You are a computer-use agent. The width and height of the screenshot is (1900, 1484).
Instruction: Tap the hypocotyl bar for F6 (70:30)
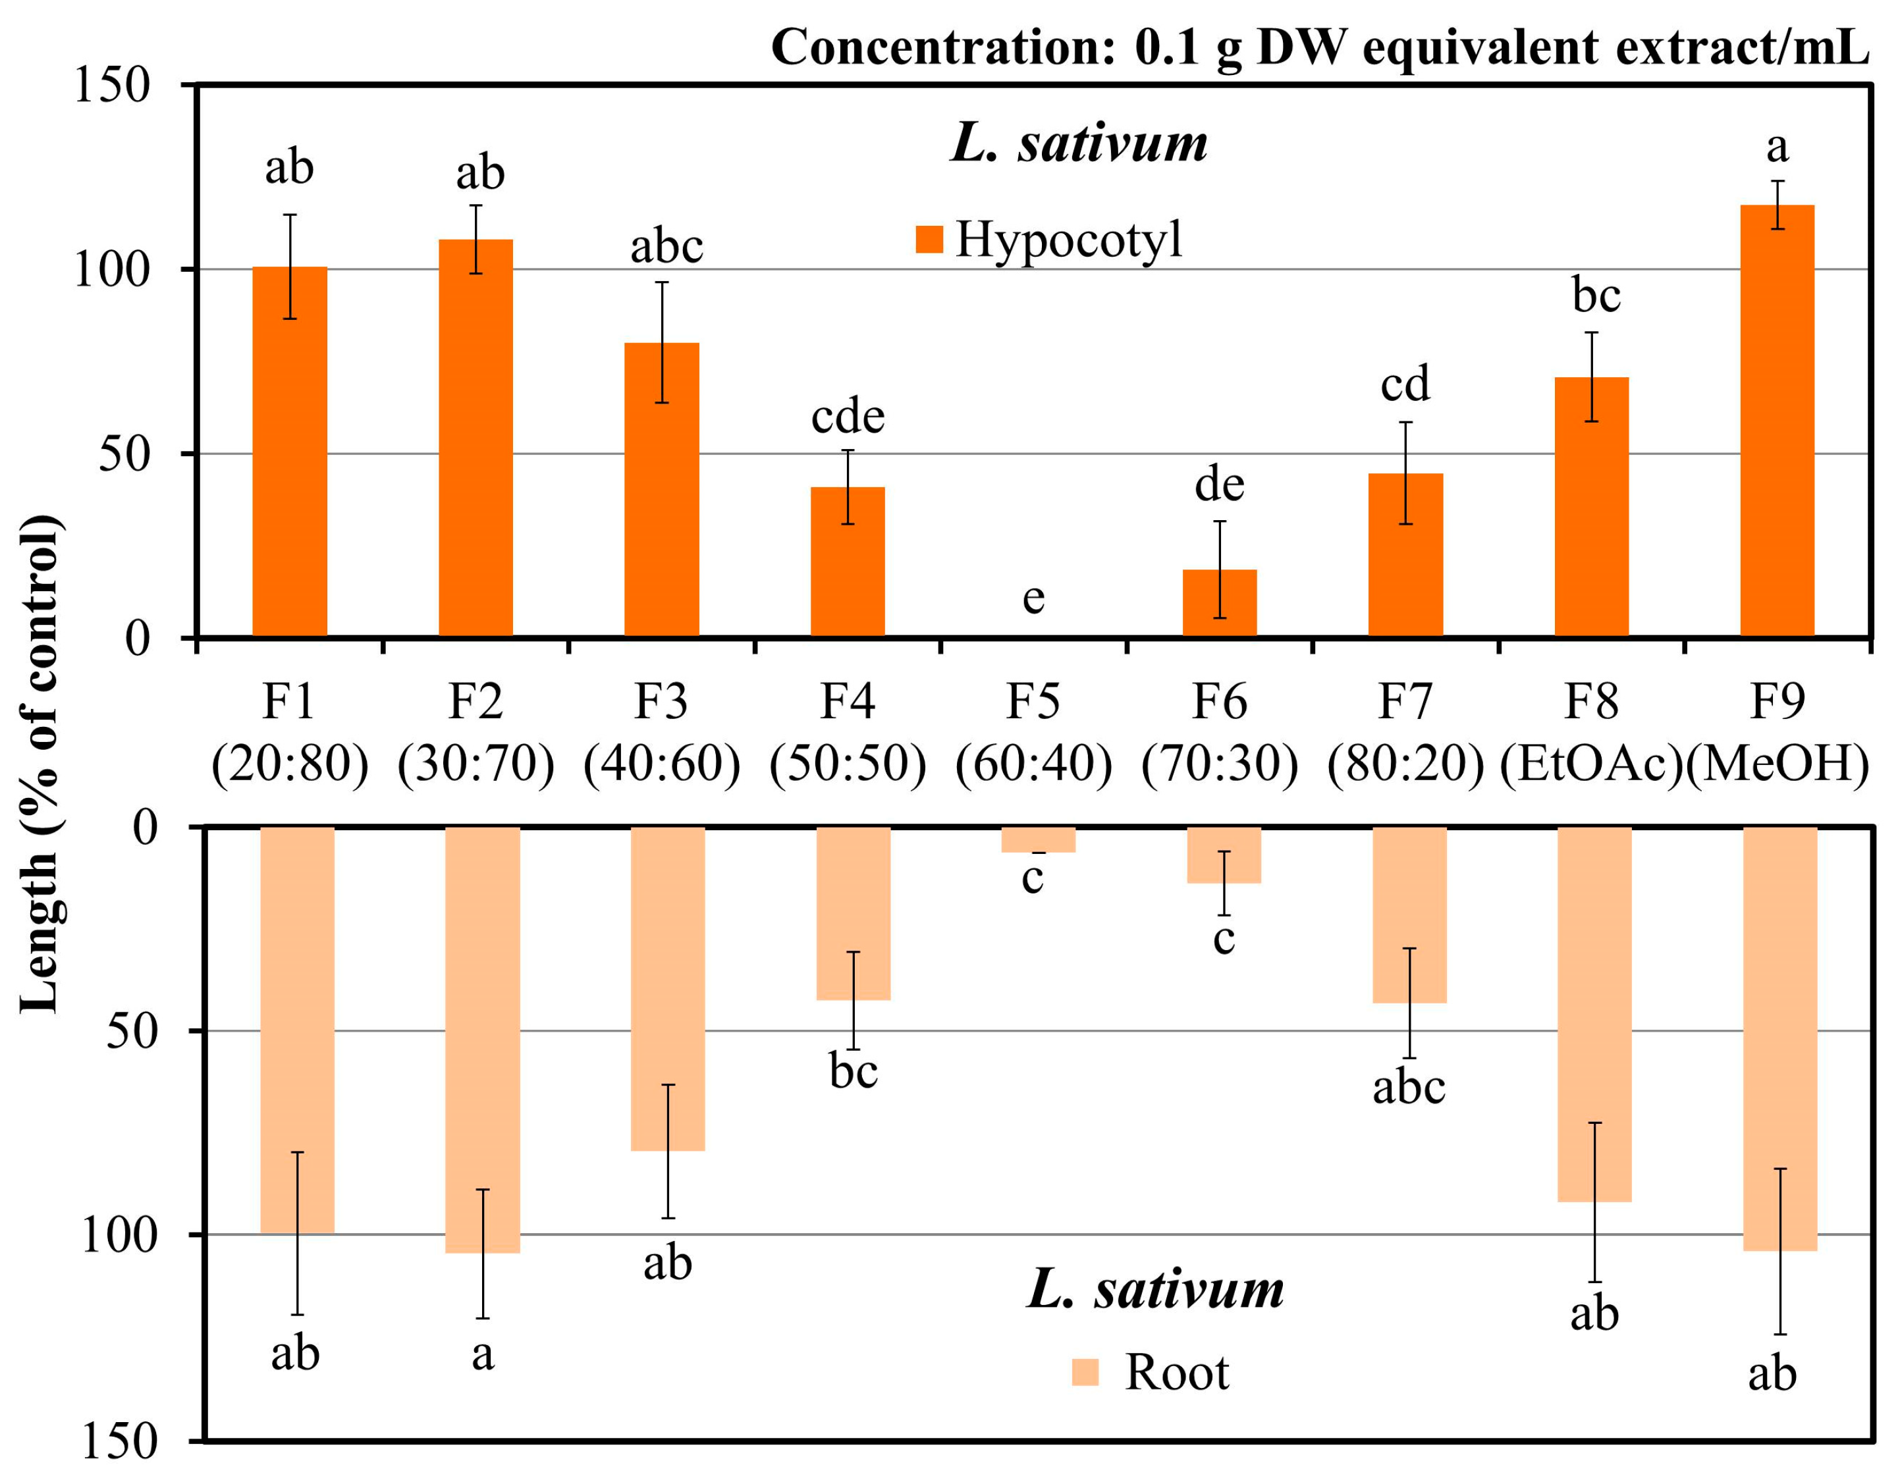1219,604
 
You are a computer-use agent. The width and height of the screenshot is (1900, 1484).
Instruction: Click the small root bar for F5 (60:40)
1038,839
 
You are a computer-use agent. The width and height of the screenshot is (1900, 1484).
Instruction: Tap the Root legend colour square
1085,1372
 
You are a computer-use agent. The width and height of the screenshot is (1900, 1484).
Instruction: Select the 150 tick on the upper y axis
113,85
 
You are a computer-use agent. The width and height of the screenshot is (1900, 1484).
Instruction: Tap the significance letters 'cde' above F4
848,417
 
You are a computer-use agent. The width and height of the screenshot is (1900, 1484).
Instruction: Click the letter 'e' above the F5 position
1033,598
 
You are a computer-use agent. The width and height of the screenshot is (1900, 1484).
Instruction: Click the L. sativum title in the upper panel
1079,143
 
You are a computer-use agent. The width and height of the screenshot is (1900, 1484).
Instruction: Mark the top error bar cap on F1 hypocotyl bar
290,215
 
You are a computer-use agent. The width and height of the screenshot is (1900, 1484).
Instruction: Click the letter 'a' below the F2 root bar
483,1354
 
